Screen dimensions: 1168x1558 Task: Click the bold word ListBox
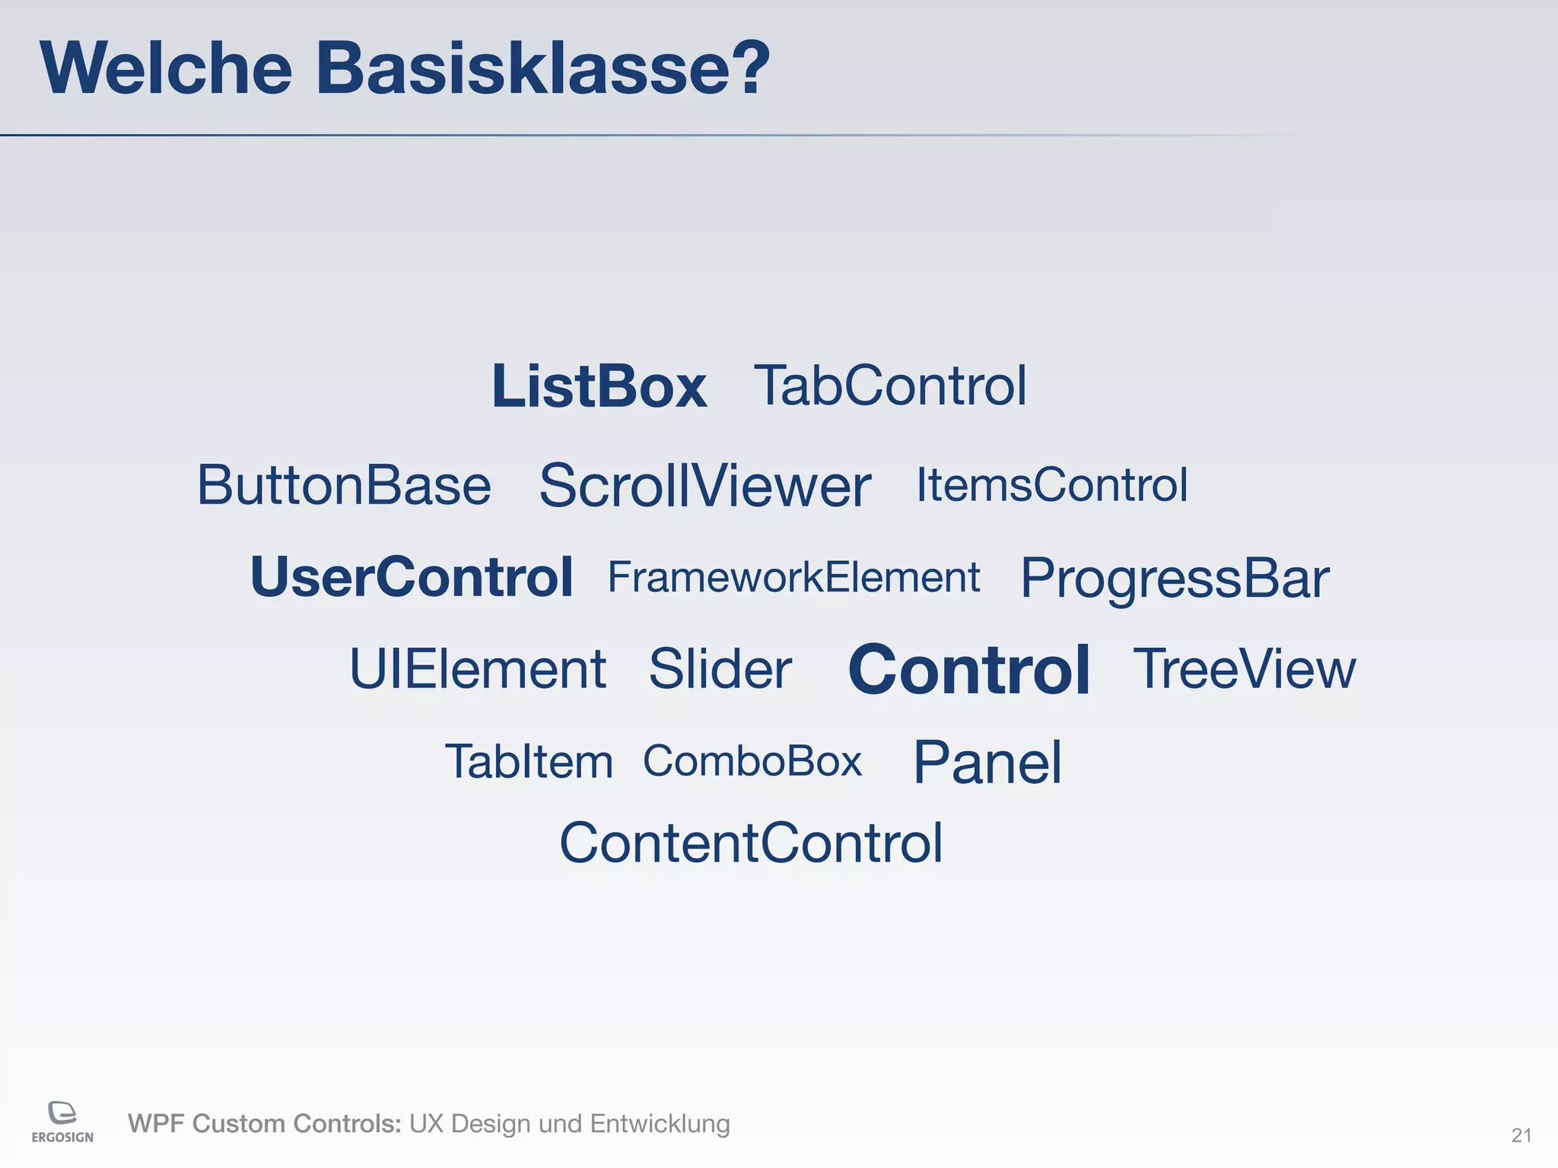599,386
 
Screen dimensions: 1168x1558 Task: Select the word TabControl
890,386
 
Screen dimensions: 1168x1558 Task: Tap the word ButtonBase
344,485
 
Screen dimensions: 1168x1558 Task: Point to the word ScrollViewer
704,486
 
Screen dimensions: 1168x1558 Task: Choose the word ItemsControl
1051,484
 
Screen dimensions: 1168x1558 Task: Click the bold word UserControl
412,577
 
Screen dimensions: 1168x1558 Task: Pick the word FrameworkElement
793,577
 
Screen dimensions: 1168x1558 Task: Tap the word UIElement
478,669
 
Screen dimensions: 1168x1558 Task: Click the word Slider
720,669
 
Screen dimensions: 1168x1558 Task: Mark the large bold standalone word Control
969,670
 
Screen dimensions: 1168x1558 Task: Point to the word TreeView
1245,669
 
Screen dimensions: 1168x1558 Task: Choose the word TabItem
529,761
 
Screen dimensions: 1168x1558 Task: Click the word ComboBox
752,760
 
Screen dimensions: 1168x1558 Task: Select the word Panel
987,762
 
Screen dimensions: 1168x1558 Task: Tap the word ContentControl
751,843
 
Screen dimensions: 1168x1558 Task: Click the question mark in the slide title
747,68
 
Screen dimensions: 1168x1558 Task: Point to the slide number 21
1521,1135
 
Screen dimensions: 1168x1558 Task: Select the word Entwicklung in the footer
660,1123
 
